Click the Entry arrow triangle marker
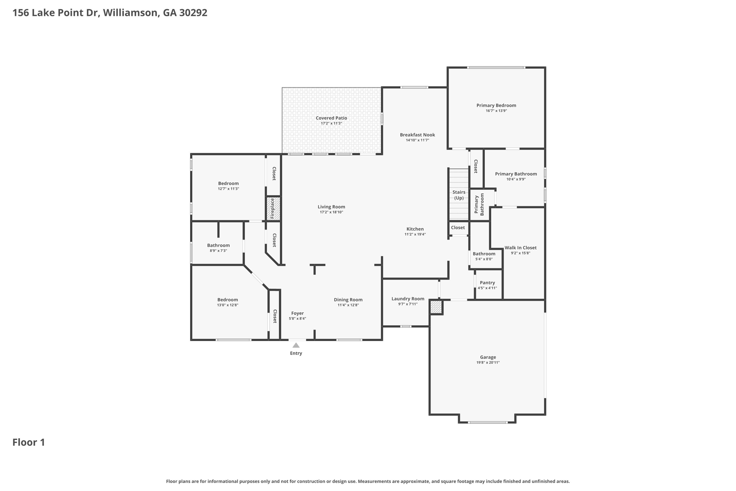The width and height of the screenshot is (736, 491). tap(296, 345)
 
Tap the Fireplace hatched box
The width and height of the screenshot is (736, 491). tap(273, 208)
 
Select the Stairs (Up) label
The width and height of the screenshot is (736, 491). tap(459, 195)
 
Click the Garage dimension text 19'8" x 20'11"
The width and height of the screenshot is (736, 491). tap(488, 363)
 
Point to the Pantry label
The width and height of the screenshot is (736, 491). tap(487, 283)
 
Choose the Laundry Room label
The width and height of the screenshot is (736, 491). tap(408, 299)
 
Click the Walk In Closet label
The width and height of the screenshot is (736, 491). tap(520, 247)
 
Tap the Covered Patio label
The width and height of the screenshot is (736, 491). tap(331, 118)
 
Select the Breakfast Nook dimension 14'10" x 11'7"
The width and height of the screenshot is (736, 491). tap(418, 140)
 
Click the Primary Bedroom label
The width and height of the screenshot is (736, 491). tap(496, 105)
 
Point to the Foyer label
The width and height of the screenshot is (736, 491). tap(298, 313)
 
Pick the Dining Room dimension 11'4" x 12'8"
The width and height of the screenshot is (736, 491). tap(348, 305)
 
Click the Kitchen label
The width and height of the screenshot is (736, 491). tap(415, 229)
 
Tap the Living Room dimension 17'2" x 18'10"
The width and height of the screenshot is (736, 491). tap(331, 212)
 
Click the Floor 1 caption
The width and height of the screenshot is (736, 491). tap(29, 442)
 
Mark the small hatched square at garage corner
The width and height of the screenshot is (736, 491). tap(436, 307)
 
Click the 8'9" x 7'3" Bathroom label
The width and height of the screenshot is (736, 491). tap(218, 245)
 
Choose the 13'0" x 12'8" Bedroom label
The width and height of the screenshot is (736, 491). tap(227, 300)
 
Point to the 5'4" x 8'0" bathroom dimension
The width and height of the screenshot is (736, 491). tap(484, 259)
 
